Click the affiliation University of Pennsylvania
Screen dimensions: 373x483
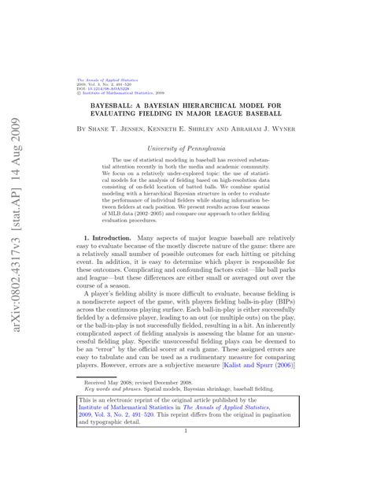point(188,147)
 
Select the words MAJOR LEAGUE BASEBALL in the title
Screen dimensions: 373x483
point(237,112)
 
